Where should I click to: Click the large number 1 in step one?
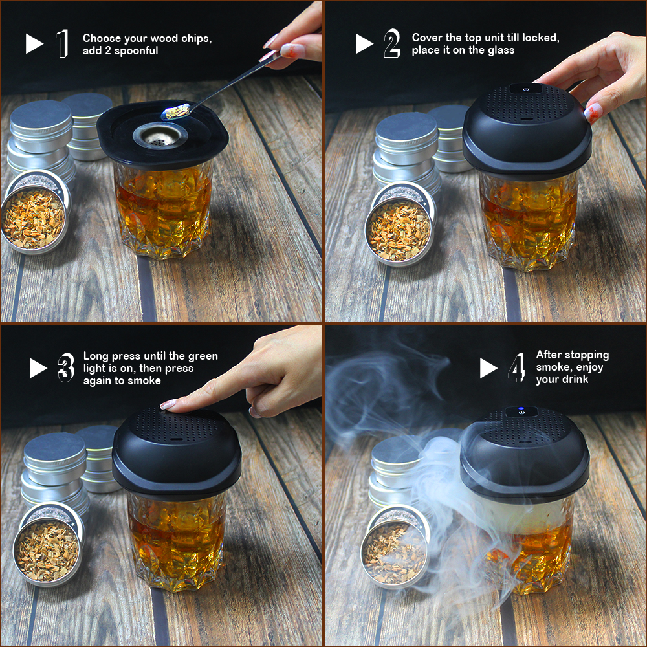click(x=62, y=43)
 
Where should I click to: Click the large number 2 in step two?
click(x=391, y=43)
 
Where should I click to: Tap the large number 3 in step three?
click(x=65, y=368)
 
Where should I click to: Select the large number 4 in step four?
click(x=516, y=368)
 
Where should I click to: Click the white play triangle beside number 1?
click(x=34, y=43)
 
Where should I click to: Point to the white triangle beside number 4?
click(x=488, y=368)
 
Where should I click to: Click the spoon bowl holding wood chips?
click(x=175, y=113)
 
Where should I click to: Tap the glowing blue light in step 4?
click(x=521, y=411)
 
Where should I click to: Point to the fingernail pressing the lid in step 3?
click(x=168, y=404)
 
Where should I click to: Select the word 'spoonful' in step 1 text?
click(x=137, y=50)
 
